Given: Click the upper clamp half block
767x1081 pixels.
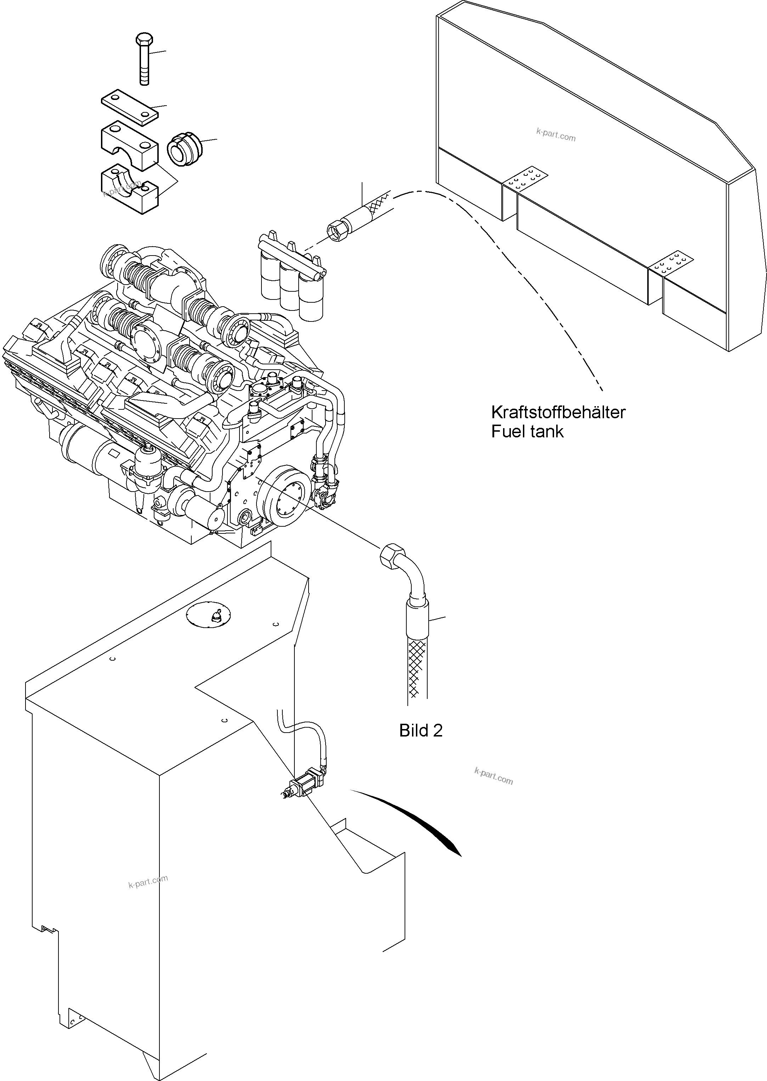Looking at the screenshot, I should [129, 144].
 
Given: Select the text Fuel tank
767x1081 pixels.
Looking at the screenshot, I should [527, 432].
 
